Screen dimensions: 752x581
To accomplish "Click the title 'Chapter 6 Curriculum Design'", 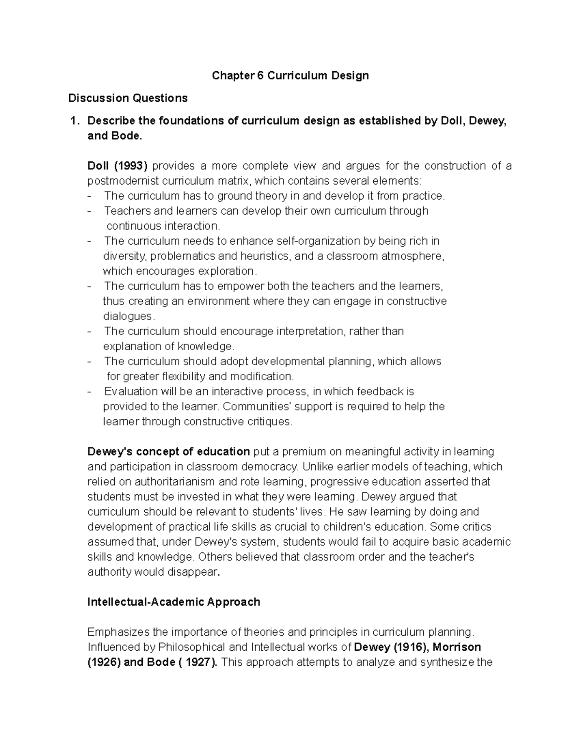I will (x=290, y=76).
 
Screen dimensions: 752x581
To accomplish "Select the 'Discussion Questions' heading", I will (x=128, y=98).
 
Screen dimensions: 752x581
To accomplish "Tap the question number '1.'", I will (x=74, y=121).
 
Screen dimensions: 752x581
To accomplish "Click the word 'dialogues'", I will (x=128, y=316).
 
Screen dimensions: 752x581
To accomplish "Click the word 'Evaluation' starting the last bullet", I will (x=131, y=391).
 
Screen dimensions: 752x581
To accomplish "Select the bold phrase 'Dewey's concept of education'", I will (x=168, y=452).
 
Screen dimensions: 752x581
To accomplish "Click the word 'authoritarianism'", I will (x=175, y=482).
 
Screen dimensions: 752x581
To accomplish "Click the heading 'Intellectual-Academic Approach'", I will (x=173, y=602).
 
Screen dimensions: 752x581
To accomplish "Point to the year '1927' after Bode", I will (x=199, y=662).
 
